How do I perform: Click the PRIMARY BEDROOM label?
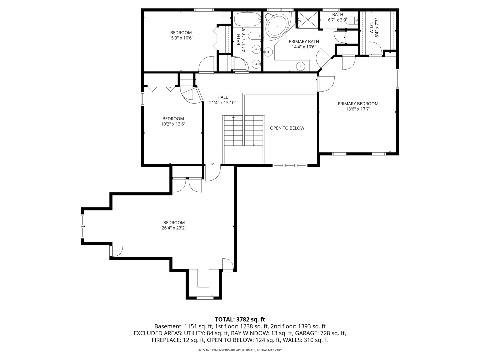pyautogui.click(x=358, y=104)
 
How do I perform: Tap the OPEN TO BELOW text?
pyautogui.click(x=287, y=128)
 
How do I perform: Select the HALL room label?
pyautogui.click(x=223, y=97)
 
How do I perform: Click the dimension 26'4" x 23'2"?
pyautogui.click(x=174, y=228)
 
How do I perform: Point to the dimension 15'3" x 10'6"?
pyautogui.click(x=181, y=38)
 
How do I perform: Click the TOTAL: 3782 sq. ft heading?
pyautogui.click(x=240, y=319)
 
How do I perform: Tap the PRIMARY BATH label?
pyautogui.click(x=304, y=41)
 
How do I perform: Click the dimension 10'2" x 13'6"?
pyautogui.click(x=173, y=124)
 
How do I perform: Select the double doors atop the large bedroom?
pyautogui.click(x=187, y=185)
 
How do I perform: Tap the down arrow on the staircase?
pyautogui.click(x=254, y=144)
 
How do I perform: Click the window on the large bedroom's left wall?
pyautogui.click(x=83, y=226)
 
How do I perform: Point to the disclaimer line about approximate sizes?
pyautogui.click(x=240, y=350)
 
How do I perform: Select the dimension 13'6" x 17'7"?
pyautogui.click(x=358, y=109)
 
